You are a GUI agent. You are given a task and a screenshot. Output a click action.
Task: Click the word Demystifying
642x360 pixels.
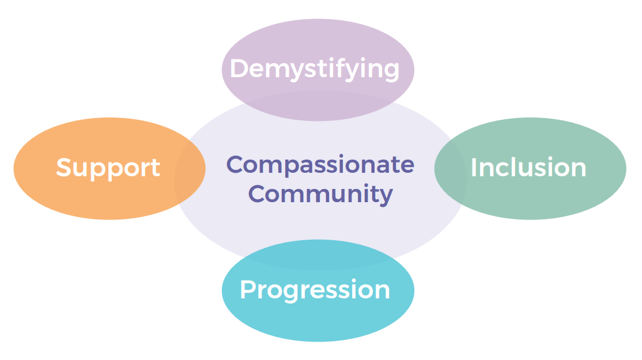coord(315,69)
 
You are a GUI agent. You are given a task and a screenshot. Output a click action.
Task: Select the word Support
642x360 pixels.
coord(108,168)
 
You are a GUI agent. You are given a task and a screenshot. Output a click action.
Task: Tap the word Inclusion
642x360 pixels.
coord(528,168)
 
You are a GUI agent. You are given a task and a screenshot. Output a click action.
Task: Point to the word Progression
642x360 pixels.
coord(315,290)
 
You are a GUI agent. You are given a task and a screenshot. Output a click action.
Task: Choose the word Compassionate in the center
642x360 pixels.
coord(320,165)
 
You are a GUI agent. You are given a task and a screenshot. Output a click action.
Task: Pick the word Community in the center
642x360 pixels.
coord(320,194)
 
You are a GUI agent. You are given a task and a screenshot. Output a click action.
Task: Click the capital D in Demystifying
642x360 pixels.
coord(239,69)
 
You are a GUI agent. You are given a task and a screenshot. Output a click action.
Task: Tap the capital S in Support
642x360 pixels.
coord(64,168)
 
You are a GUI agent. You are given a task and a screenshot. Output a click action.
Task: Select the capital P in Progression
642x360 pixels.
coord(247,289)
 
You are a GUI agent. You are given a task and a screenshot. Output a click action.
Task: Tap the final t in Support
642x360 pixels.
coord(156,168)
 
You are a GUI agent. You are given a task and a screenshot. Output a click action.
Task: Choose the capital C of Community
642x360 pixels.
coord(258,194)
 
